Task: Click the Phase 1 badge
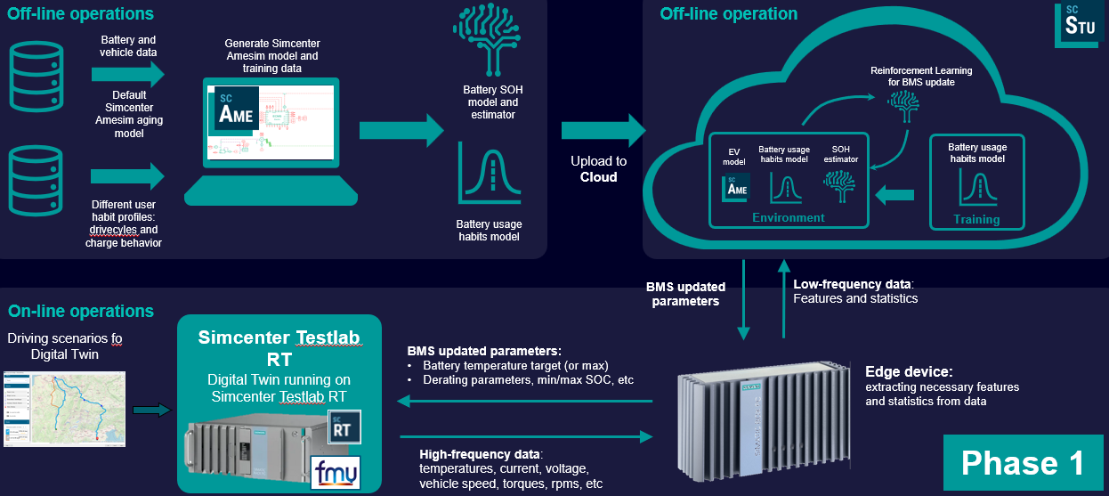click(x=1023, y=462)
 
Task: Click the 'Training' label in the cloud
click(x=976, y=219)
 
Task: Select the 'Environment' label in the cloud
click(x=788, y=217)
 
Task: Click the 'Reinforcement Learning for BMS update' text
click(x=920, y=76)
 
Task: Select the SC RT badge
click(x=344, y=425)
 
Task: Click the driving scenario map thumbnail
click(x=64, y=408)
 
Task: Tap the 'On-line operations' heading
click(x=81, y=311)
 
